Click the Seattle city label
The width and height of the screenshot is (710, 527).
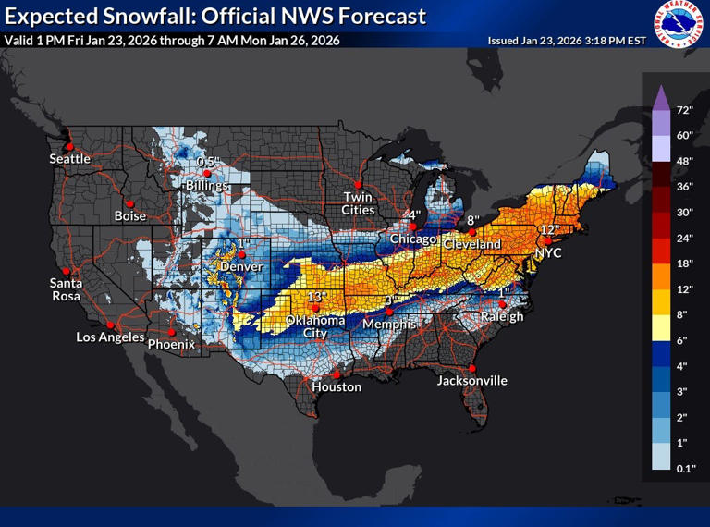click(69, 158)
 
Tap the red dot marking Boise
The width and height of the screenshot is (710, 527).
click(130, 203)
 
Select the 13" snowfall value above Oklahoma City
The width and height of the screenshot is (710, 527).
click(318, 297)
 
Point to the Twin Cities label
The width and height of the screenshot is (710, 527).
click(359, 202)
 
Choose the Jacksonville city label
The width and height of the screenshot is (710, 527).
click(471, 380)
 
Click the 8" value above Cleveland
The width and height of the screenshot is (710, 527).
click(471, 221)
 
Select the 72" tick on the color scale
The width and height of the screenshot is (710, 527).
click(685, 110)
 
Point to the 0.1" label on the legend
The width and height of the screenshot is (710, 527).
click(685, 470)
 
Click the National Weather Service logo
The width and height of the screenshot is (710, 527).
click(679, 24)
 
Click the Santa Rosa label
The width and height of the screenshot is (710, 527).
click(66, 288)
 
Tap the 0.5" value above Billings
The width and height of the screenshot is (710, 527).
click(207, 162)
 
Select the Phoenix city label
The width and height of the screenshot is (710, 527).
click(171, 344)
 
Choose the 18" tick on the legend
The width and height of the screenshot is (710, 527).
click(685, 263)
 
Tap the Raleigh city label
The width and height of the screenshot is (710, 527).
click(502, 316)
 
